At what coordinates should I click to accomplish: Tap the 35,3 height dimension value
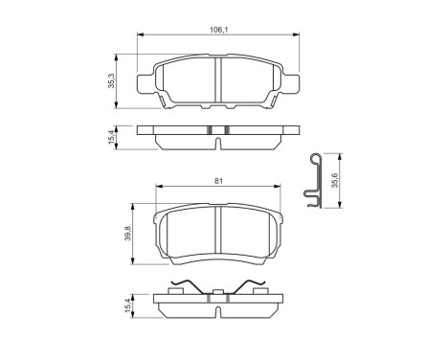pos(113,82)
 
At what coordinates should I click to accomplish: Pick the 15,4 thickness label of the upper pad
pos(113,139)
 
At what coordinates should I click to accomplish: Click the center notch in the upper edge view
pos(219,144)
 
